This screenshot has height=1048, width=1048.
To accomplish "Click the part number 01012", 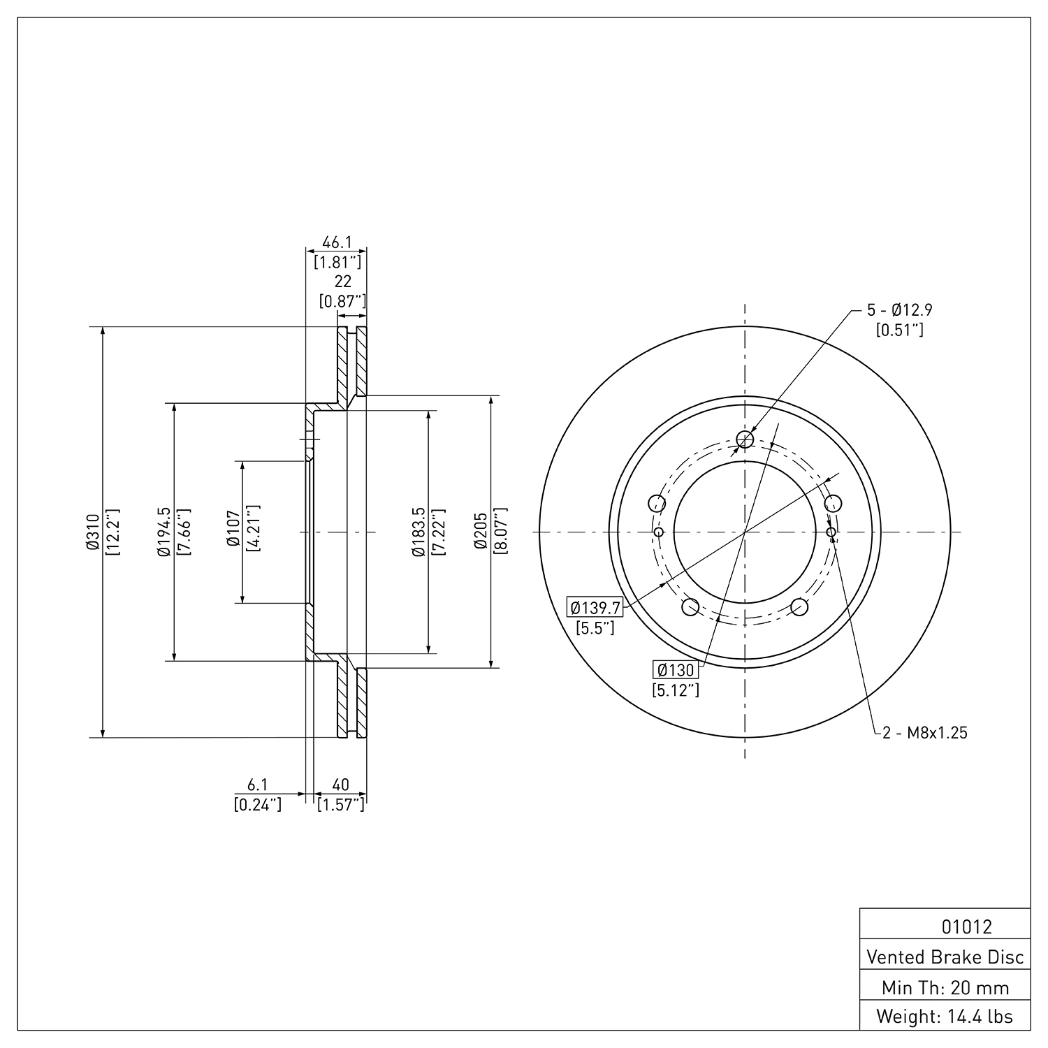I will (966, 927).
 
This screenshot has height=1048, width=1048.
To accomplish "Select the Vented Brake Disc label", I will (945, 957).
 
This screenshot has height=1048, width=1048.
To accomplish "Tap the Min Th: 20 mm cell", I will (945, 987).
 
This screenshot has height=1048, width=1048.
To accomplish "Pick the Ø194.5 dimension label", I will (165, 532).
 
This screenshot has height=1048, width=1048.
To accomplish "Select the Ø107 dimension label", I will (233, 532).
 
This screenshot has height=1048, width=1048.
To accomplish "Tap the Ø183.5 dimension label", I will (419, 532).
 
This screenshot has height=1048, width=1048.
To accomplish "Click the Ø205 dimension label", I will (481, 532).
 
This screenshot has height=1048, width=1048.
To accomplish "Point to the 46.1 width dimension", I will (336, 242).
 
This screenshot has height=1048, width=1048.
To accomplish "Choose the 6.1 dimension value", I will (257, 786).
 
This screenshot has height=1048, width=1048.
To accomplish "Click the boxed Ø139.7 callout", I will (595, 608).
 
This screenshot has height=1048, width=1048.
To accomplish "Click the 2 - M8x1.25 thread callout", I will (925, 733).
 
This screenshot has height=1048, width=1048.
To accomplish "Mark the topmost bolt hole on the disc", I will (745, 439).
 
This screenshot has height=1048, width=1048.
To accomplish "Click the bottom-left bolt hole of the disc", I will (690, 607).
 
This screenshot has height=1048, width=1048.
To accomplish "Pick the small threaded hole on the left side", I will (658, 532).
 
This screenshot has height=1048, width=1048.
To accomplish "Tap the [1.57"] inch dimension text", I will (341, 805).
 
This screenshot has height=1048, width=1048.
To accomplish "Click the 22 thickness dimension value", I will (342, 281).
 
